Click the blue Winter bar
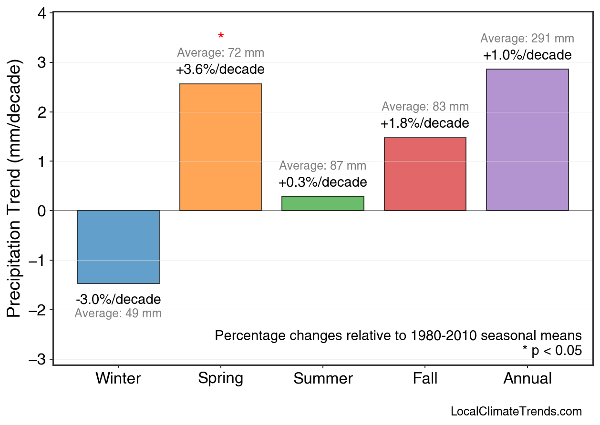pos(118,247)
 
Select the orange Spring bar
pos(220,147)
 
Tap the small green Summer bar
pos(323,203)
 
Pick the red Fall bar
pos(425,174)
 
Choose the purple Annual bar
pos(527,140)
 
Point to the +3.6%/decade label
pos(220,70)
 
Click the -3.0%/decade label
pos(118,300)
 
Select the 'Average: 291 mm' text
pos(527,39)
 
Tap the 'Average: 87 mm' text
pos(323,166)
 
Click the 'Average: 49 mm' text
pos(118,314)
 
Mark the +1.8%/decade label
pos(425,123)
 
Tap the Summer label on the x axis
pos(323,379)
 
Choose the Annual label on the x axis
pos(527,379)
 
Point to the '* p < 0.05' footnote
pos(552,351)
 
